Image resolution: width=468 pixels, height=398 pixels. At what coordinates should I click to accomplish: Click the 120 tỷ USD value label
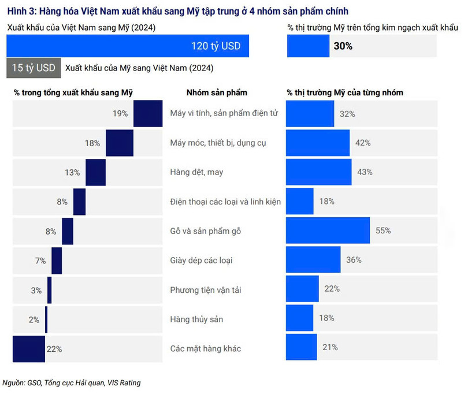pyautogui.click(x=216, y=46)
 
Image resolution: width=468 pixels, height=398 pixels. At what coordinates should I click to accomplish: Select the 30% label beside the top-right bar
pyautogui.click(x=343, y=46)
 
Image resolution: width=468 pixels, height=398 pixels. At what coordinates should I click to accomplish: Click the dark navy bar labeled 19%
pyautogui.click(x=147, y=113)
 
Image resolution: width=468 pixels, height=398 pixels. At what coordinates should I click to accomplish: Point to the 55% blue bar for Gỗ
pyautogui.click(x=328, y=230)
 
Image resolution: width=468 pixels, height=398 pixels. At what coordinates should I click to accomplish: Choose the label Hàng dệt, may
pyautogui.click(x=196, y=172)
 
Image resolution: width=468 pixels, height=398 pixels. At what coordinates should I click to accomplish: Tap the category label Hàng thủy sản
pyautogui.click(x=196, y=319)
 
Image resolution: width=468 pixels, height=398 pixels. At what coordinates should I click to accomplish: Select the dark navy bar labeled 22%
pyautogui.click(x=28, y=348)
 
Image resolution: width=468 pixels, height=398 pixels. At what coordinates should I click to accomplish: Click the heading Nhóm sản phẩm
pyautogui.click(x=217, y=92)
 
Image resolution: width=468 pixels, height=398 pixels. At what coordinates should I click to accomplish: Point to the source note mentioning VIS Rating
pyautogui.click(x=72, y=382)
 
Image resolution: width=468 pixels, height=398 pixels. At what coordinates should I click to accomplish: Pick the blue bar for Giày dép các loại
pyautogui.click(x=313, y=260)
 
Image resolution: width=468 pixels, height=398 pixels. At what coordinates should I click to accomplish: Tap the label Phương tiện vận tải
pyautogui.click(x=205, y=289)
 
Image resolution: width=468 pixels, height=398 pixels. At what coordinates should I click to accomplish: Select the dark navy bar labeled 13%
pyautogui.click(x=95, y=172)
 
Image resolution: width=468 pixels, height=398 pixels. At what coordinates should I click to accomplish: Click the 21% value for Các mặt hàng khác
pyautogui.click(x=330, y=348)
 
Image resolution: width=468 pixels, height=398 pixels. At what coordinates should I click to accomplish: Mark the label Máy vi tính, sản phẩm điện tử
pyautogui.click(x=224, y=113)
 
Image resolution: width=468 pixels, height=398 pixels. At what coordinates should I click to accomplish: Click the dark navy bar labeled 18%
pyautogui.click(x=120, y=143)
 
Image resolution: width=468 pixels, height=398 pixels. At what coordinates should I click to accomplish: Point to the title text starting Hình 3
pyautogui.click(x=178, y=12)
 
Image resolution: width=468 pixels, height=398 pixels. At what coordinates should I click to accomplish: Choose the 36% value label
pyautogui.click(x=354, y=260)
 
